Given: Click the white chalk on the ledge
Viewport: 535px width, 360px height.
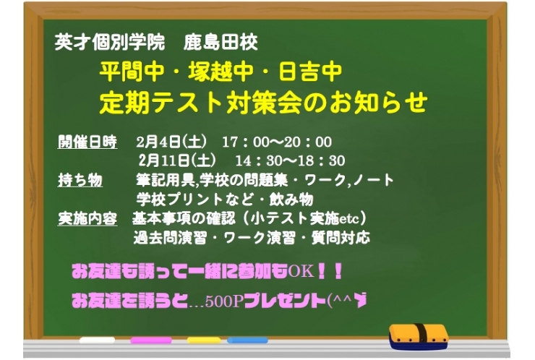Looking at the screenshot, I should [98, 340].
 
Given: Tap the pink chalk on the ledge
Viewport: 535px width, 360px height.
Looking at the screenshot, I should [150, 340].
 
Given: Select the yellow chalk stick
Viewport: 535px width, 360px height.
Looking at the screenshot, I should [204, 340].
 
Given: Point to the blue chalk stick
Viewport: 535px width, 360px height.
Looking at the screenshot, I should [247, 340].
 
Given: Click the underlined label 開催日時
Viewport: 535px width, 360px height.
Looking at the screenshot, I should [87, 142].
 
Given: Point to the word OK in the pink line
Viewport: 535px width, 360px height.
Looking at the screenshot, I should [300, 272].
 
